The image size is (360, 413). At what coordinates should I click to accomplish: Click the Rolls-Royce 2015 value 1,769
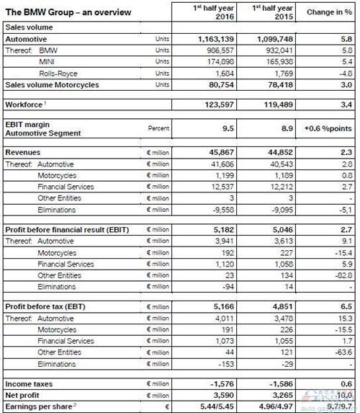[x=276, y=73]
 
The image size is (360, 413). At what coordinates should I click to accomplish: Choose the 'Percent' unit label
[x=158, y=128]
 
